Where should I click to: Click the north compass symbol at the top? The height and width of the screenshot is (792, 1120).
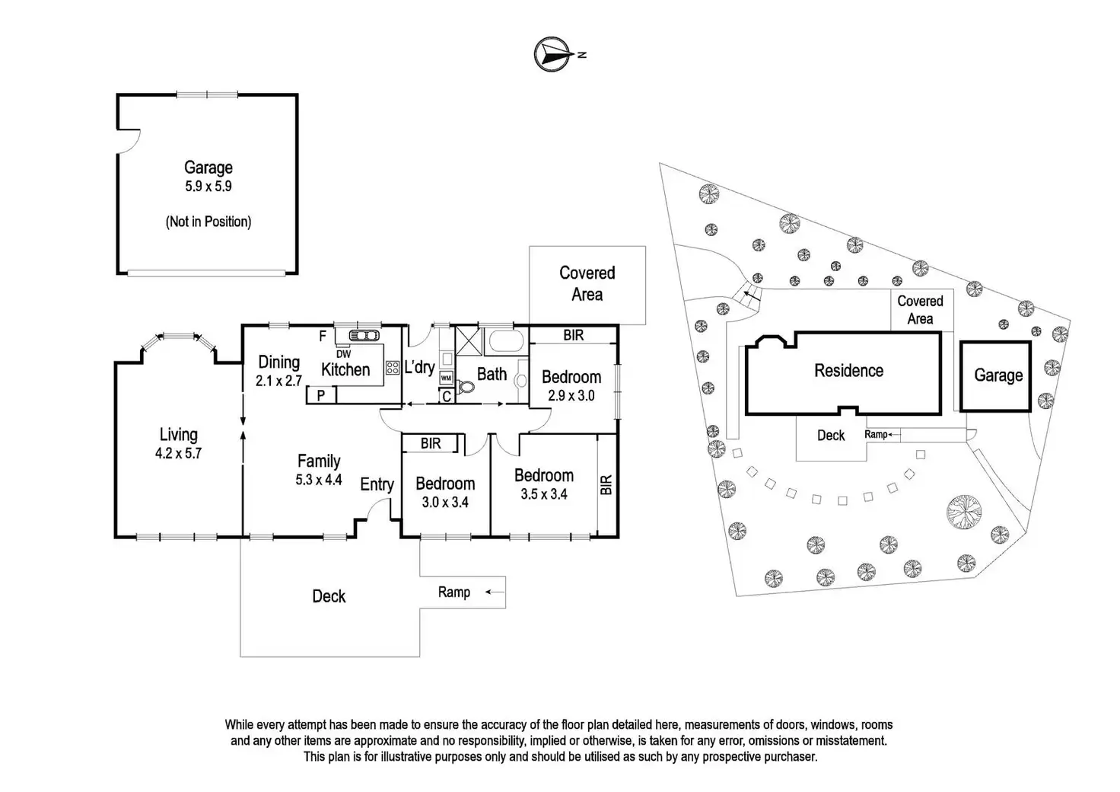click(x=554, y=55)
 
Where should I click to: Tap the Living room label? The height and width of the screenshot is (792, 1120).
click(x=178, y=435)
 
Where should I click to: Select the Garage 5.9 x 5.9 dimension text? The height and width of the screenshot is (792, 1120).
click(x=208, y=186)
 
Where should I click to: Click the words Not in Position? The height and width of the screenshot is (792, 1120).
click(x=208, y=222)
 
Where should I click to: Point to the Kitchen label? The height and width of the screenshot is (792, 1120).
click(x=345, y=370)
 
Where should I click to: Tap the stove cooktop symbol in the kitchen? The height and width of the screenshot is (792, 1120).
click(x=393, y=368)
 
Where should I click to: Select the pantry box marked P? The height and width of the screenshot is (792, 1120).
click(x=321, y=394)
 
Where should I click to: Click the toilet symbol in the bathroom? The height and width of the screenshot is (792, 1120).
click(x=465, y=387)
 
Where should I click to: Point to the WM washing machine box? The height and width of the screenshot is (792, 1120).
click(x=446, y=378)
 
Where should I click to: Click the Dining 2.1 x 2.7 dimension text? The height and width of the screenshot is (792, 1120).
click(x=278, y=382)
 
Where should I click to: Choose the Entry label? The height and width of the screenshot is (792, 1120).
click(x=377, y=484)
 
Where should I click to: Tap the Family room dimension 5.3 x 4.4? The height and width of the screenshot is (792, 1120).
click(x=319, y=480)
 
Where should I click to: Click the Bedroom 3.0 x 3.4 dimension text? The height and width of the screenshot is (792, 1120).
click(x=445, y=502)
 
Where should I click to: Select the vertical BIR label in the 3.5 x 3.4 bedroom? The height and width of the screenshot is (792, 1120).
click(x=606, y=485)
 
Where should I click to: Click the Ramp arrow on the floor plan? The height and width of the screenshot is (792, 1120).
click(x=495, y=592)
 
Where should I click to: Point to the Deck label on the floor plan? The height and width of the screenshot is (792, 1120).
click(x=329, y=596)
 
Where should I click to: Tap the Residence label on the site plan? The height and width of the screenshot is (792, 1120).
click(x=848, y=371)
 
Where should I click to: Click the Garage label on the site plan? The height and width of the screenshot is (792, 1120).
click(x=998, y=375)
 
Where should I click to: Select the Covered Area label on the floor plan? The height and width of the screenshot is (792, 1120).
click(x=587, y=283)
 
